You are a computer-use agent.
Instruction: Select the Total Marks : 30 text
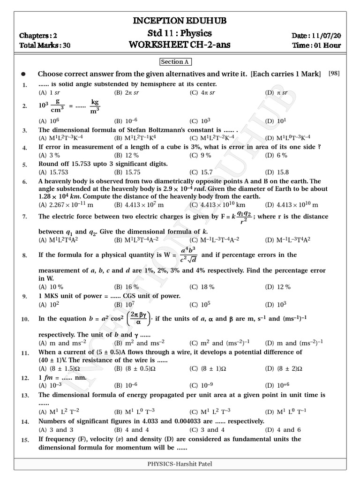tap(42, 45)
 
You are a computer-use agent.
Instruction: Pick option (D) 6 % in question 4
tap(277, 155)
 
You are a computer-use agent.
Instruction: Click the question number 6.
tap(24, 181)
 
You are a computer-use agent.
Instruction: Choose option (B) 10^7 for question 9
tap(123, 304)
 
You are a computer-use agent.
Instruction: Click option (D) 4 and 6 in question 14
tap(283, 429)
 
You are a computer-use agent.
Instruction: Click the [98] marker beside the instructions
tap(334, 73)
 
